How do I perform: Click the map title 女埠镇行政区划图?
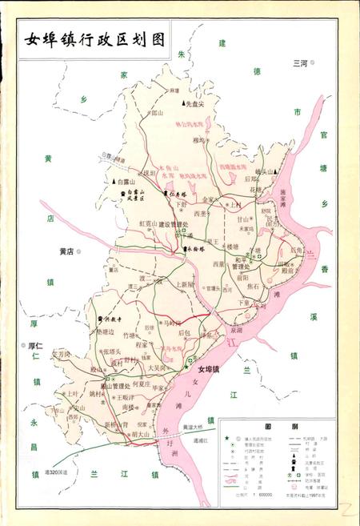95,39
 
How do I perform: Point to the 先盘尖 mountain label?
195,103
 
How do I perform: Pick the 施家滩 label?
289,193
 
